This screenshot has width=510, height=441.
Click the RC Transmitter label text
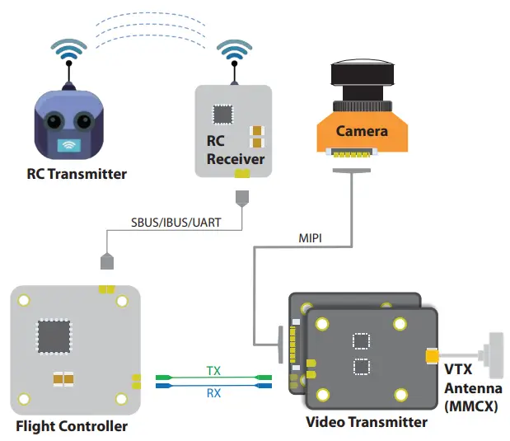tap(77, 174)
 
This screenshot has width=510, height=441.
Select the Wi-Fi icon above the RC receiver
tap(236, 50)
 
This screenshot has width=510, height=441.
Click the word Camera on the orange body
tap(362, 131)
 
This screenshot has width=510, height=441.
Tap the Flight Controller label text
tap(72, 426)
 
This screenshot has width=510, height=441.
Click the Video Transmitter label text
tap(367, 422)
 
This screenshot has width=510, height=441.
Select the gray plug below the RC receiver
tap(241, 199)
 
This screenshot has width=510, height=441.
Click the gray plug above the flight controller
tap(105, 261)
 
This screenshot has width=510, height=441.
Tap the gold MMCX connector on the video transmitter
tap(432, 356)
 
